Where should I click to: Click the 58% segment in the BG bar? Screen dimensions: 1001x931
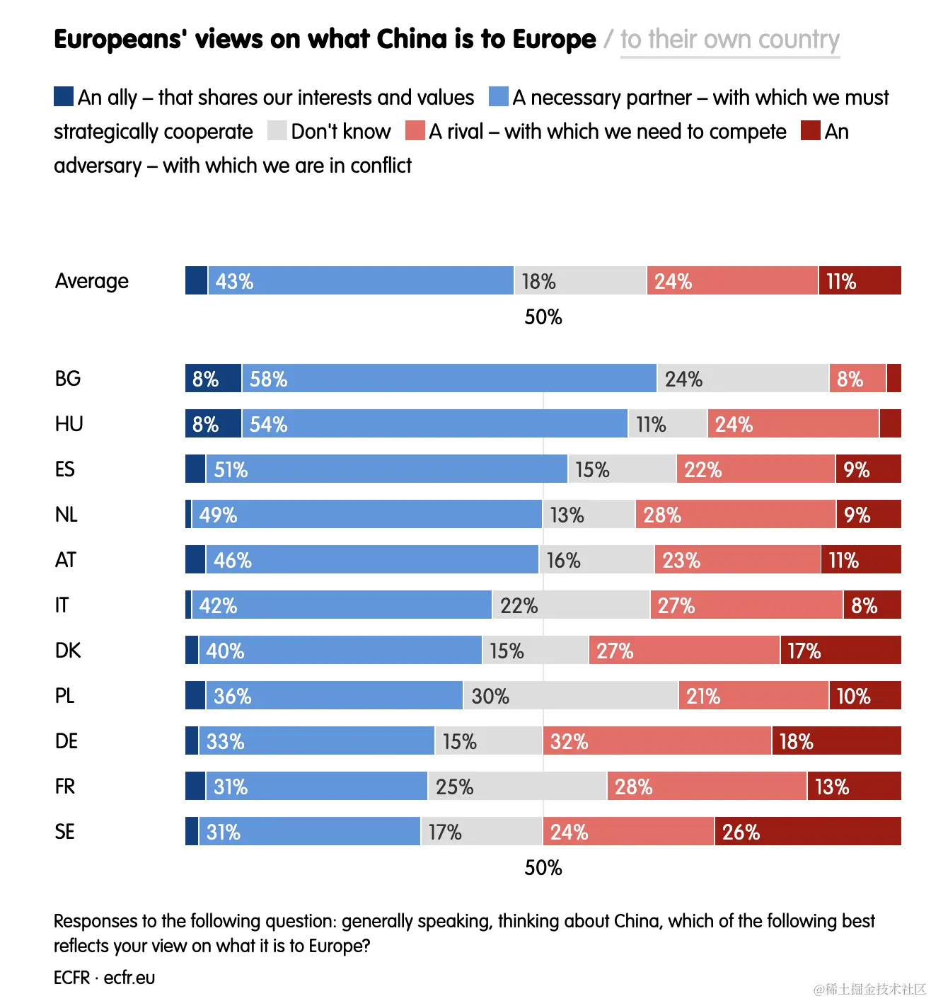tap(449, 379)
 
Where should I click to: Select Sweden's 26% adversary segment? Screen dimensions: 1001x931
tap(807, 831)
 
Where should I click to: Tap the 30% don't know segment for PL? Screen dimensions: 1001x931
tap(570, 696)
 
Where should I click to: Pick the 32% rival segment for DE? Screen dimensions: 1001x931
tap(657, 741)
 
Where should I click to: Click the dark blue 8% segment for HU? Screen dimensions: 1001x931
tap(213, 424)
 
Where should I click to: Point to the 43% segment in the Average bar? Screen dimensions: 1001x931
tap(360, 281)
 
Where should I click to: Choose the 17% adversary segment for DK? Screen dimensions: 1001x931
tap(840, 651)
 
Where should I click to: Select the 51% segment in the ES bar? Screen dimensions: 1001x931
tap(386, 469)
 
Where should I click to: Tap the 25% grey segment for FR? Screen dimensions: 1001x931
tap(517, 786)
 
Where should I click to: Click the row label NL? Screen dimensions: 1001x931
tap(66, 515)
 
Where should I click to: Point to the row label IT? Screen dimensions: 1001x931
tap(62, 605)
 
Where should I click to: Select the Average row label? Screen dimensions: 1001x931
tap(92, 281)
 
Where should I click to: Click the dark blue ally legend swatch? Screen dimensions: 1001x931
tap(64, 96)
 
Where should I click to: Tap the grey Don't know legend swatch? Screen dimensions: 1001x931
tap(277, 131)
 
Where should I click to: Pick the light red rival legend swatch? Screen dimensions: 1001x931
tap(415, 131)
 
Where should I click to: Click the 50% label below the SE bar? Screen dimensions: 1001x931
tap(543, 868)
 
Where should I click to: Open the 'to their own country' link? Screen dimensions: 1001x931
tap(729, 40)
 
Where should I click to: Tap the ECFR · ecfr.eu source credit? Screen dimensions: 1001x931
tap(105, 978)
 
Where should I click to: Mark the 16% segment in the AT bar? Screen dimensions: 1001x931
tap(596, 560)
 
